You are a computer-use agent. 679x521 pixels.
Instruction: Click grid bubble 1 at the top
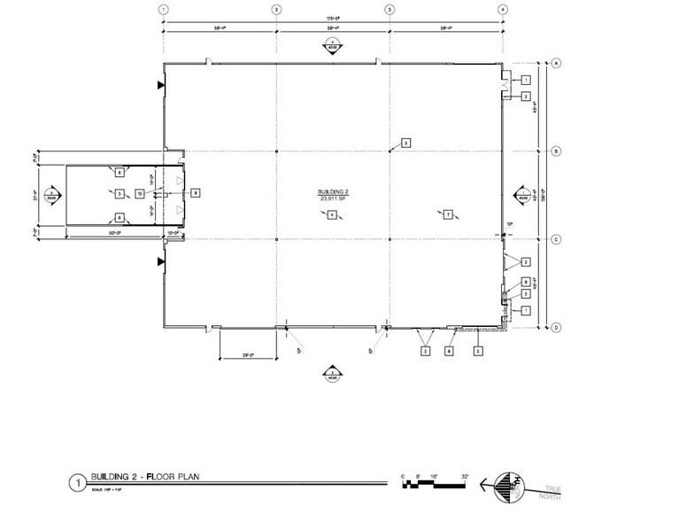tap(163, 9)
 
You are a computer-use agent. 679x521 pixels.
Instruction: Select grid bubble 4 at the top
tap(502, 9)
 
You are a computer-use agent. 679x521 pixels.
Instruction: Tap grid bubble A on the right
tap(558, 63)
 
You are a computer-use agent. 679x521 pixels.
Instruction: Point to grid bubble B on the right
tap(558, 152)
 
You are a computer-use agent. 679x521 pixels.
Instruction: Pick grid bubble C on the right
tap(558, 239)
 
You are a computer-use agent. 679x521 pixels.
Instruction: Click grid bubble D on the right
tap(558, 327)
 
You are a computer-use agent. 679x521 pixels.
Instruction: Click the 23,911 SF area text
tap(330, 199)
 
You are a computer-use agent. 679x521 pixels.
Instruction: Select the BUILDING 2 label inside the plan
tap(330, 192)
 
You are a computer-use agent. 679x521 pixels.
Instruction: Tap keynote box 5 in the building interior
tap(406, 143)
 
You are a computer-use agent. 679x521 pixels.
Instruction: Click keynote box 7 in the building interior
tap(449, 214)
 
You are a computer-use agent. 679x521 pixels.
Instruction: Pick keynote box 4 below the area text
tap(331, 214)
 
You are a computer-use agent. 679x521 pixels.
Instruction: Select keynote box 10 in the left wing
tap(140, 193)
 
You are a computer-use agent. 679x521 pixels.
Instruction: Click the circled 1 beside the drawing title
tap(77, 483)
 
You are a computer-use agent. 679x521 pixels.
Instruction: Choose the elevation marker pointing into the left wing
tap(53, 193)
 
